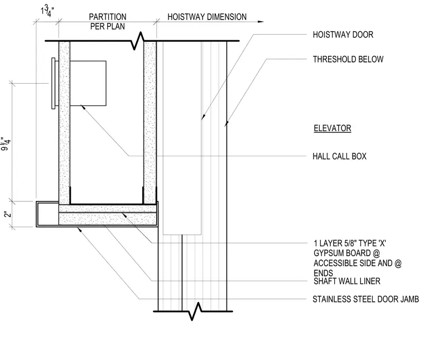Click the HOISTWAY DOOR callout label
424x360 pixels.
pyautogui.click(x=343, y=35)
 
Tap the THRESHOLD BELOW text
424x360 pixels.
pyautogui.click(x=348, y=59)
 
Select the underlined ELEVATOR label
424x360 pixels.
pyautogui.click(x=333, y=128)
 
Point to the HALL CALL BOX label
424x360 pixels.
pyautogui.click(x=339, y=156)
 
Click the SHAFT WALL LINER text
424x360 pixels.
pyautogui.click(x=347, y=281)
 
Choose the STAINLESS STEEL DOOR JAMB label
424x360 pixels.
pyautogui.click(x=365, y=299)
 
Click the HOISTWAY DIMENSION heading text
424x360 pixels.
pyautogui.click(x=207, y=17)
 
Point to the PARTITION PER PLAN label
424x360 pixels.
pyautogui.click(x=108, y=22)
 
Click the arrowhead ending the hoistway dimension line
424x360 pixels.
pyautogui.click(x=261, y=22)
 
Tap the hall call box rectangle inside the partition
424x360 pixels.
pyautogui.click(x=88, y=83)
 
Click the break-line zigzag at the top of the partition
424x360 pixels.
pyautogui.click(x=137, y=41)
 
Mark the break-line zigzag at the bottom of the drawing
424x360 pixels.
pyautogui.click(x=195, y=311)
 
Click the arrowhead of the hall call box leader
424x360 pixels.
pyautogui.click(x=83, y=108)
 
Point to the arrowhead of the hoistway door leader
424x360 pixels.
pyautogui.click(x=203, y=117)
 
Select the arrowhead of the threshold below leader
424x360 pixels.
pyautogui.click(x=227, y=123)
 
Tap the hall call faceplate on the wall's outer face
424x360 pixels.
pyautogui.click(x=54, y=83)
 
